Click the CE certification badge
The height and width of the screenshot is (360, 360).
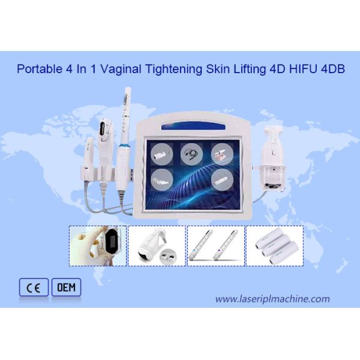[34, 288]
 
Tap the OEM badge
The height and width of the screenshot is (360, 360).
[65, 288]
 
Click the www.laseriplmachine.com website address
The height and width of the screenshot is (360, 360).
[272, 299]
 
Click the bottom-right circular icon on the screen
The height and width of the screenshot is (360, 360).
[221, 178]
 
